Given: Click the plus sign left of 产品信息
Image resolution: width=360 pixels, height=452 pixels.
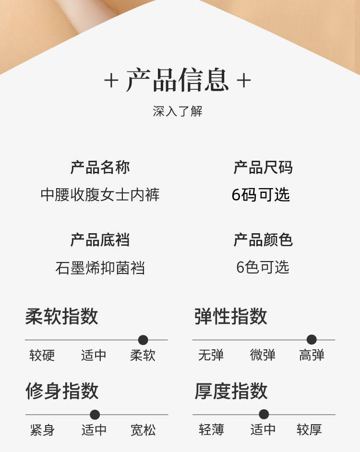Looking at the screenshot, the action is pyautogui.click(x=111, y=81).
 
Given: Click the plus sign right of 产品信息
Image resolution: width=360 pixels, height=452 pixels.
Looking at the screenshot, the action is pyautogui.click(x=244, y=81).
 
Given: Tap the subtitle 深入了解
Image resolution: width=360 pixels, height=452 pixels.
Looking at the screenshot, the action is pyautogui.click(x=178, y=111).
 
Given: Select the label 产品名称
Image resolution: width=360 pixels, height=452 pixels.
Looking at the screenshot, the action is pyautogui.click(x=100, y=167).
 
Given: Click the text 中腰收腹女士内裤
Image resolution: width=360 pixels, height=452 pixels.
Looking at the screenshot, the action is pyautogui.click(x=100, y=195).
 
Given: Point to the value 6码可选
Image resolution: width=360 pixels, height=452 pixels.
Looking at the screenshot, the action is pyautogui.click(x=261, y=195).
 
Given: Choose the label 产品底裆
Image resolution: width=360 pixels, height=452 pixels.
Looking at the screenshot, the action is pyautogui.click(x=100, y=240).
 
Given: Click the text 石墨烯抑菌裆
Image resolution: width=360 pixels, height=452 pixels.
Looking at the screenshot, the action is pyautogui.click(x=100, y=268).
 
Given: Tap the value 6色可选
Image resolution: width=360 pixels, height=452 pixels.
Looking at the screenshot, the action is pyautogui.click(x=263, y=267).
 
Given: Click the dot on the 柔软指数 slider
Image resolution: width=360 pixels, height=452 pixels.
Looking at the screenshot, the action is pyautogui.click(x=143, y=340).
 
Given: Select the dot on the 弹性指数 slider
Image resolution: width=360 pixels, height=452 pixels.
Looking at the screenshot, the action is pyautogui.click(x=312, y=340).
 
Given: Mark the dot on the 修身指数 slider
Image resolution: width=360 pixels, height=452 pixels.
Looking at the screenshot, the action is pyautogui.click(x=95, y=415).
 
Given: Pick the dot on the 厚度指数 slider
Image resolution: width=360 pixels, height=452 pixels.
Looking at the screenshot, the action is pyautogui.click(x=264, y=414).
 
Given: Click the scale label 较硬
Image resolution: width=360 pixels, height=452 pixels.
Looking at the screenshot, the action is pyautogui.click(x=42, y=356).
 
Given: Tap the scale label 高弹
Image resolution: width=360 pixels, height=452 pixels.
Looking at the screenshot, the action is pyautogui.click(x=312, y=356).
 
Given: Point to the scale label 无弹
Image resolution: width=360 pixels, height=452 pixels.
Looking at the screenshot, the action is pyautogui.click(x=211, y=356).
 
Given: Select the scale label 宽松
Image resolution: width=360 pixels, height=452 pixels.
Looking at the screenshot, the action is pyautogui.click(x=143, y=430).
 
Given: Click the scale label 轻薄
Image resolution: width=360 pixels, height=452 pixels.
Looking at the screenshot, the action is pyautogui.click(x=211, y=430).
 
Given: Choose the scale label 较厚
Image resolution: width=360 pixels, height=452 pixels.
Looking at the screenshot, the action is pyautogui.click(x=309, y=430).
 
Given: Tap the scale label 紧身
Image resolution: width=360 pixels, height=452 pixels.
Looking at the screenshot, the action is pyautogui.click(x=42, y=430).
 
